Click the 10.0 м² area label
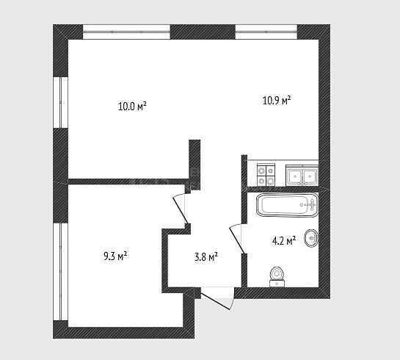(132, 106)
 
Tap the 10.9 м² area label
(277, 100)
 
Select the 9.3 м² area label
(115, 256)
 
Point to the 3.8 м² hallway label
(206, 257)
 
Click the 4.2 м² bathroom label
(284, 240)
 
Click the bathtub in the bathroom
(287, 205)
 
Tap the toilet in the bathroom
(277, 277)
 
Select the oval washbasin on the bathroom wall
(311, 238)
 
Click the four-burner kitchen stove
(266, 175)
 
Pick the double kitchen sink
(302, 175)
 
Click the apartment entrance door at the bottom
(217, 298)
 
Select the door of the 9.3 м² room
(181, 209)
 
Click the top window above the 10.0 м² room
(126, 32)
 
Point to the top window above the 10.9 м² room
(266, 32)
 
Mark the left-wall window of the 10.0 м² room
(61, 102)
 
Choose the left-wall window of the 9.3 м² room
(61, 272)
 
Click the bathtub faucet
(311, 205)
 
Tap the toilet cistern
(277, 283)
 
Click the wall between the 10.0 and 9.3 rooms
(128, 181)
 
